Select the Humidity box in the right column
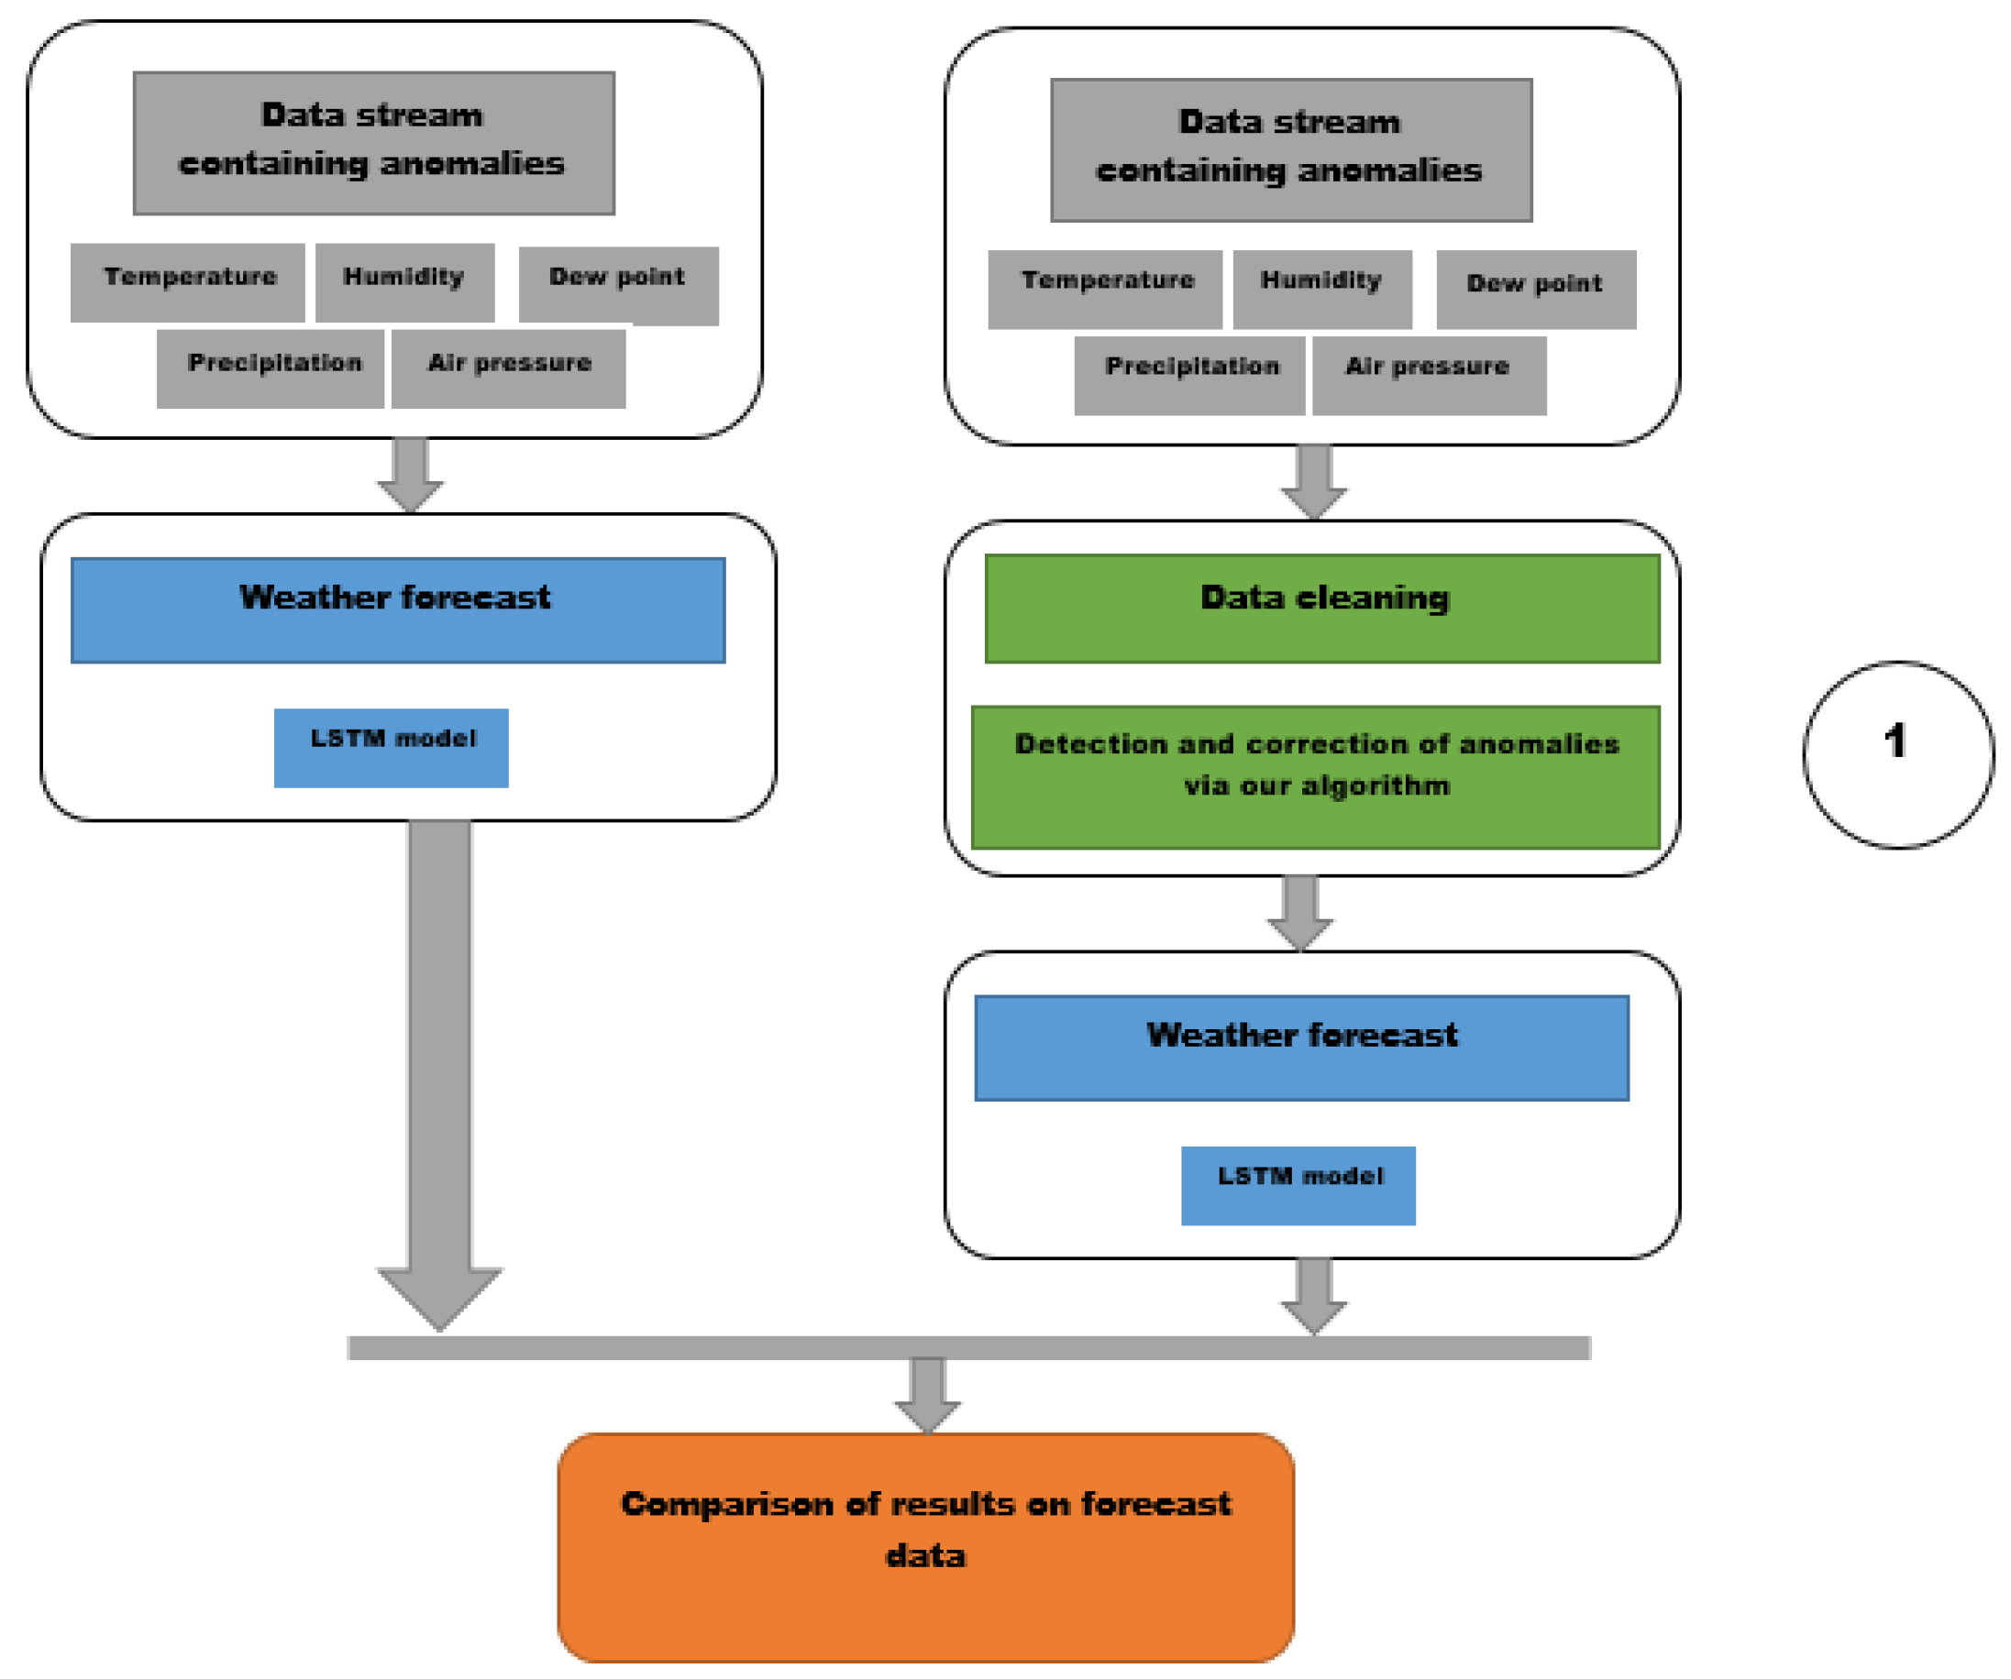point(1321,288)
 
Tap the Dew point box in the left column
point(618,284)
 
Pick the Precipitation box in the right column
point(1189,374)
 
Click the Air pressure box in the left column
point(509,368)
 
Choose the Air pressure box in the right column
point(1429,374)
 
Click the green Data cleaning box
point(1321,608)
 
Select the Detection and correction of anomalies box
point(1315,776)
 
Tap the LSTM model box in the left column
point(391,748)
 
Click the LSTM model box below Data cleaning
point(1298,1185)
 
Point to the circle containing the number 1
point(1898,754)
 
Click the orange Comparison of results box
point(925,1546)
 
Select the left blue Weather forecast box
point(397,609)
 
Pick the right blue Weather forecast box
point(1301,1048)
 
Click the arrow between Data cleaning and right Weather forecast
point(1299,910)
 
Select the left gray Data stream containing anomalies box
point(373,143)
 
